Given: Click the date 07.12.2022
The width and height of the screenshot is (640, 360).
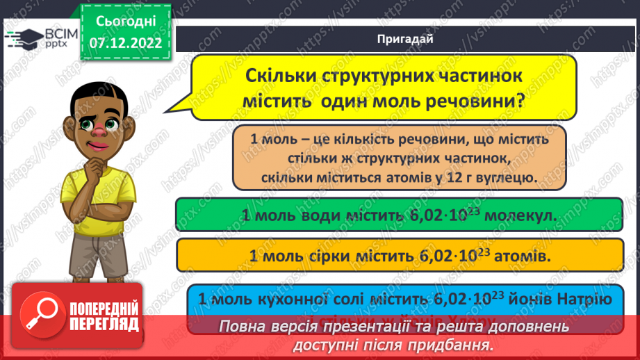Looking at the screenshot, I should coord(125,42).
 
